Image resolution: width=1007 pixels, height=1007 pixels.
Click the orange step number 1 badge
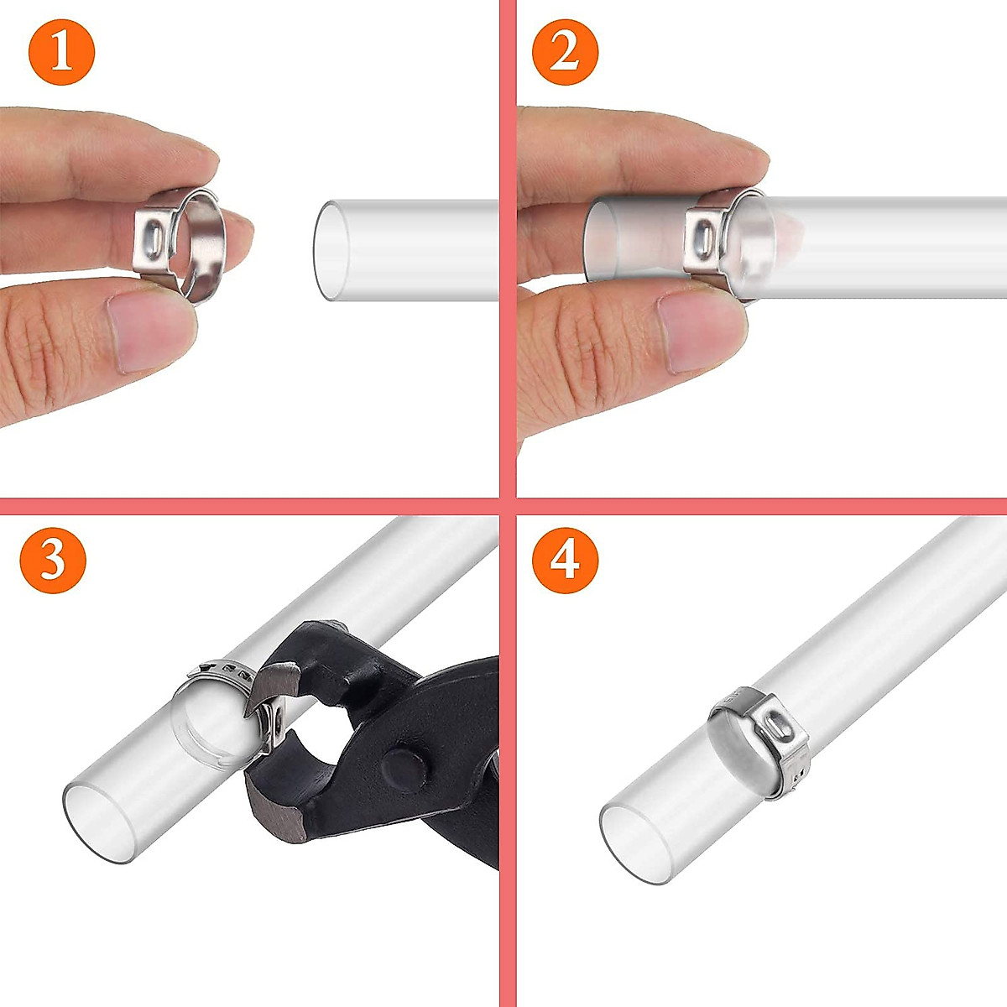[61, 51]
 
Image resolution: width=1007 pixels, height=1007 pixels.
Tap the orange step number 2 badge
[565, 51]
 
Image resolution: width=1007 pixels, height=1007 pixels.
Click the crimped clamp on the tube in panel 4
[759, 738]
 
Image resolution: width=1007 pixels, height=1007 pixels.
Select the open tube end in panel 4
[638, 843]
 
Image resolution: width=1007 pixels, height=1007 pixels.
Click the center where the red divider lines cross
[508, 506]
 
